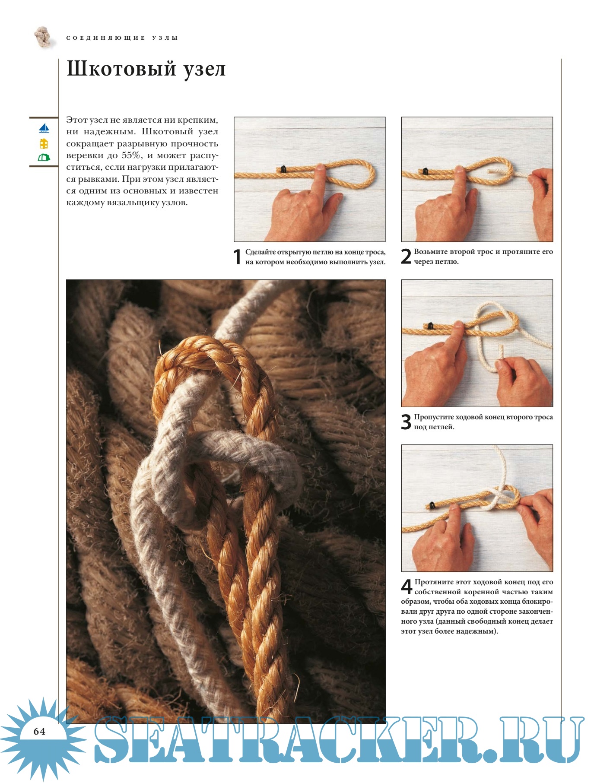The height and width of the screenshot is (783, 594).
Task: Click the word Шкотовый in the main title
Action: click(121, 69)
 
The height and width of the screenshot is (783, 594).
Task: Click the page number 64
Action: click(39, 731)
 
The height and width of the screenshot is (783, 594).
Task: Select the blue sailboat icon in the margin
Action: click(44, 128)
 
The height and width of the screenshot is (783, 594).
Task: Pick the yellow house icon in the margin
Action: click(44, 143)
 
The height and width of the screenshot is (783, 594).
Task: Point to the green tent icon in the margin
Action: click(44, 158)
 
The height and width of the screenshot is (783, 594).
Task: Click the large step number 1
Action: click(237, 257)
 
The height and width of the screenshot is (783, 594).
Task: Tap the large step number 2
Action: click(406, 256)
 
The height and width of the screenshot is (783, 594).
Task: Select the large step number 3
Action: click(406, 422)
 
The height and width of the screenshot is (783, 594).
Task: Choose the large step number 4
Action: click(407, 587)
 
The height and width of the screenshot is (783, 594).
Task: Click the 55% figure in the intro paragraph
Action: click(131, 155)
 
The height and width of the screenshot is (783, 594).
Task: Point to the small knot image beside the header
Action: click(44, 37)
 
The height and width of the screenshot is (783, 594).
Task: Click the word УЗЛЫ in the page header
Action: click(165, 38)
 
